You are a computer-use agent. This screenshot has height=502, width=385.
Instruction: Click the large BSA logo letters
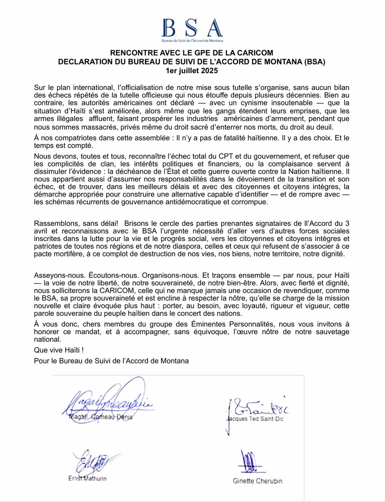[192, 28]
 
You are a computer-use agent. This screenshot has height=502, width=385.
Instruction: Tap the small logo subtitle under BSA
[192, 41]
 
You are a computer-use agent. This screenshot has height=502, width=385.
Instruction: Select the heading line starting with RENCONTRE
[192, 53]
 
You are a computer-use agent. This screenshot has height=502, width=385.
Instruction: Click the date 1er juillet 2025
[192, 71]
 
